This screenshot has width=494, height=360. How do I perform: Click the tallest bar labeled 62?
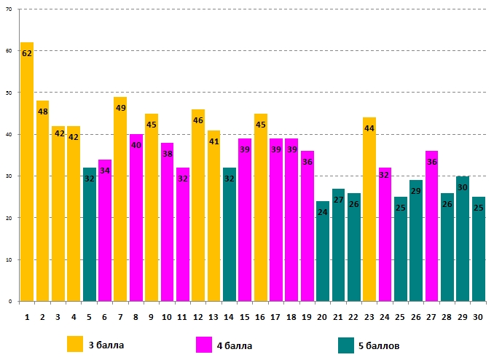27,175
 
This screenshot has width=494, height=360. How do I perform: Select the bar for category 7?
120,204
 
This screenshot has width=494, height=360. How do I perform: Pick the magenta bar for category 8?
136,222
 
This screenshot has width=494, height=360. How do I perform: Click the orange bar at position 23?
369,211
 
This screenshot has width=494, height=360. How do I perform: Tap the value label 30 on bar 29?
463,187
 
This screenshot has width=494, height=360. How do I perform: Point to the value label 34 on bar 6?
105,171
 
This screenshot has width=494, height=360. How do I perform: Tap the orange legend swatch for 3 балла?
75,344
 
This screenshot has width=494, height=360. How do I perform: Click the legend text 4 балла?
235,345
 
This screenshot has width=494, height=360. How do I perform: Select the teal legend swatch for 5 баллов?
347,344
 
